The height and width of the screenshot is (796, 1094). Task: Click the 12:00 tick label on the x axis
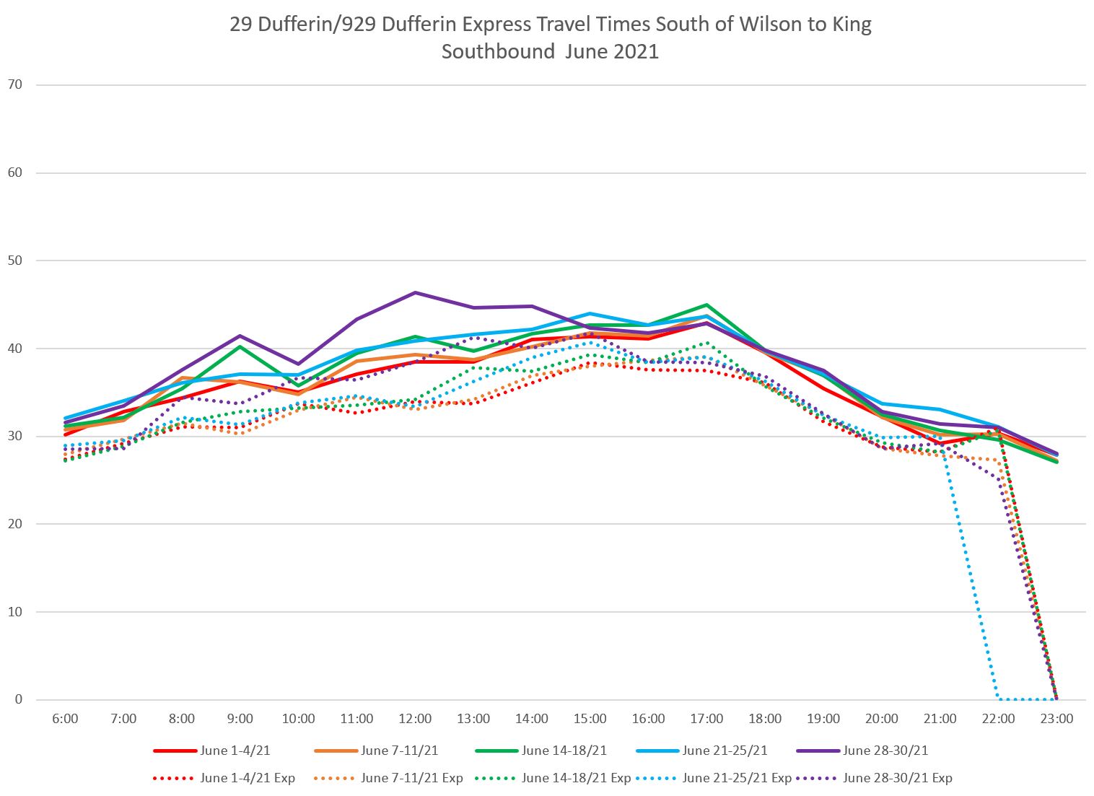click(x=415, y=719)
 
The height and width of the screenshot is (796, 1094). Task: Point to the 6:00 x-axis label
click(x=65, y=719)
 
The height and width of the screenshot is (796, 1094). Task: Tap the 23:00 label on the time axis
click(x=1056, y=719)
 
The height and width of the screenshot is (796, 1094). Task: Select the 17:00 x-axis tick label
click(x=706, y=719)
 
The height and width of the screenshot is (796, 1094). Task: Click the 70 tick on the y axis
click(x=15, y=84)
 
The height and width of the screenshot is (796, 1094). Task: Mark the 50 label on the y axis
click(x=15, y=261)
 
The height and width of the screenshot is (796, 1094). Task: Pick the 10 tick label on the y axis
click(x=15, y=612)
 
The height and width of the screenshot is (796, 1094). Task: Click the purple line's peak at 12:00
click(x=415, y=292)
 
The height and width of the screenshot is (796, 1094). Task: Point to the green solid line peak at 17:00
click(x=706, y=305)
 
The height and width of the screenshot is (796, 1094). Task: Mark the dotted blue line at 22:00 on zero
click(x=999, y=699)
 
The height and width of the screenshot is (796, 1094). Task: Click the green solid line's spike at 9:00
click(x=240, y=346)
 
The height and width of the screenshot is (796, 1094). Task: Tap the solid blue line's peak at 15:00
click(x=590, y=313)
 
